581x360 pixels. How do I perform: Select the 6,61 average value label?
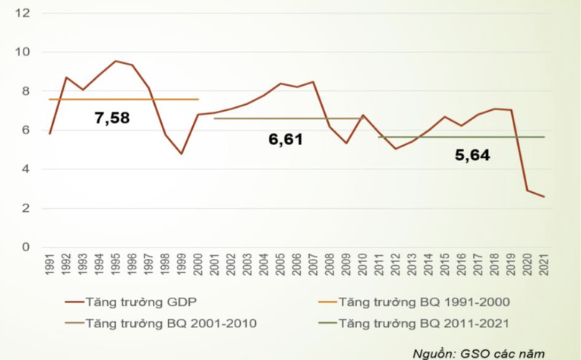coord(286,140)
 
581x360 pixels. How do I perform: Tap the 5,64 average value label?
coord(472,155)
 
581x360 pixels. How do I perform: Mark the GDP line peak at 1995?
coord(115,61)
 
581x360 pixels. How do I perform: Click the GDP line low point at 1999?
coord(182,154)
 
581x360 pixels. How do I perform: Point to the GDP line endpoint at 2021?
coord(545,197)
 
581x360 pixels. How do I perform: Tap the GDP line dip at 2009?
coord(346,143)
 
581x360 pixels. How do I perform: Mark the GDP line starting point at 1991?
coord(49,134)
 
